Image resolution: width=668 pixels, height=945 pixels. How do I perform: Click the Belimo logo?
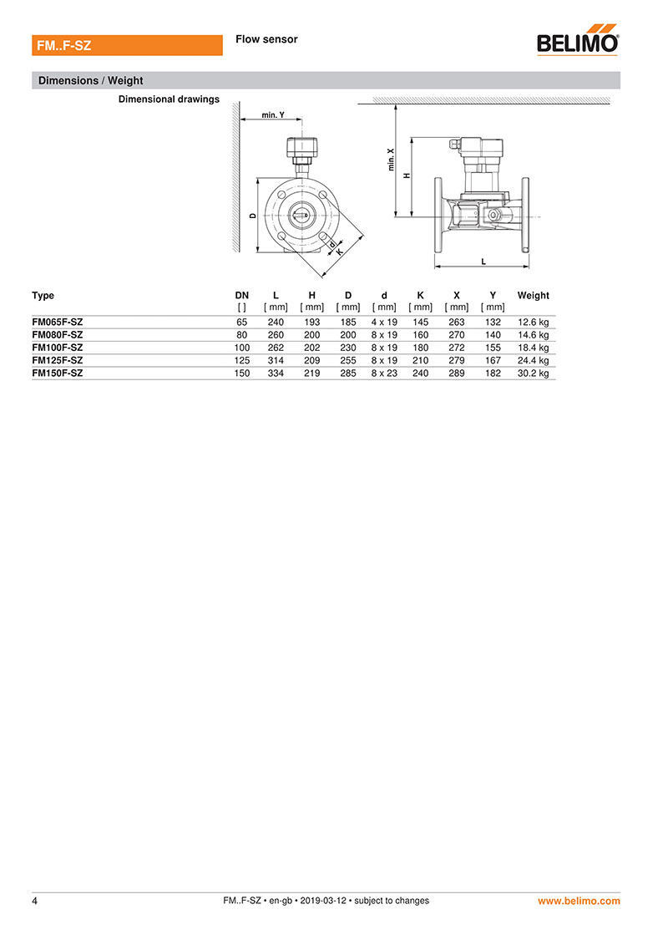(578, 40)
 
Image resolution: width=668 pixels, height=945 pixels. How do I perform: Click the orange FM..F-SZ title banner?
(127, 45)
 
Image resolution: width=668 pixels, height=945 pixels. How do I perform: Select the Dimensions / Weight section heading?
(90, 81)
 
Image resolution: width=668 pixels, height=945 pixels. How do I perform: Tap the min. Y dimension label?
(273, 114)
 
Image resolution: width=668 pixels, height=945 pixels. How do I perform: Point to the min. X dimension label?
(391, 160)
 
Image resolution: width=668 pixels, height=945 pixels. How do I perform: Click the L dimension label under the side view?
(483, 262)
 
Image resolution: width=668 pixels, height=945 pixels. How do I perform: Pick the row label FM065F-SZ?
(58, 322)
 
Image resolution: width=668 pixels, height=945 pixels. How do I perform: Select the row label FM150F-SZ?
(58, 373)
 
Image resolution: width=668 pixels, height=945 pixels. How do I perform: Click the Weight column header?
(533, 295)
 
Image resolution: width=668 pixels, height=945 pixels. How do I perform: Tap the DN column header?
(241, 295)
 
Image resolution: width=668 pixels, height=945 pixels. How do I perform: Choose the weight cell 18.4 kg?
(533, 348)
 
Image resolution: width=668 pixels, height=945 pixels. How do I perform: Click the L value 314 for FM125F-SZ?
(276, 360)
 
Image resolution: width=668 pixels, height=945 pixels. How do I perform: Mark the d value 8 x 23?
(384, 373)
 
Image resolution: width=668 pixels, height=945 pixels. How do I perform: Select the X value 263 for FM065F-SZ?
(457, 323)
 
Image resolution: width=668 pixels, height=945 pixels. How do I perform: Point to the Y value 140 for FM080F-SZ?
(493, 335)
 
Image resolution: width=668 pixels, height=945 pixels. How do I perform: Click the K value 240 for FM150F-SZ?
(421, 373)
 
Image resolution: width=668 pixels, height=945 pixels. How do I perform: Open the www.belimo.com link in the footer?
(579, 901)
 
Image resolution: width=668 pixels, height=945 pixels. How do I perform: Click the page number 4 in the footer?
(34, 901)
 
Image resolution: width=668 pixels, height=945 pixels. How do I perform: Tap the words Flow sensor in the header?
(266, 39)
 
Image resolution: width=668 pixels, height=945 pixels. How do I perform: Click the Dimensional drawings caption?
(169, 99)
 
